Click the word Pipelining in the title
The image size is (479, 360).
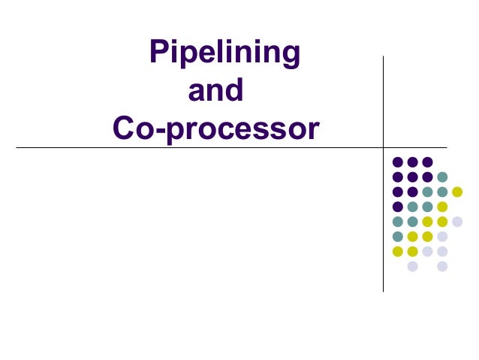pos(225,53)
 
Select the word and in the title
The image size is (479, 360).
pos(215,92)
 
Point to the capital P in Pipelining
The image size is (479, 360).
pos(159,53)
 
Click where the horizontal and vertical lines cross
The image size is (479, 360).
pos(383,147)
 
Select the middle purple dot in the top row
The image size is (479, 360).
pos(412,162)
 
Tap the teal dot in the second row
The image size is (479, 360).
pos(442,177)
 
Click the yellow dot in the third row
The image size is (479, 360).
pos(457,192)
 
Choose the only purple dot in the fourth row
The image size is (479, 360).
pos(397,207)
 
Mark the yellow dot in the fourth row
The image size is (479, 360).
pos(442,207)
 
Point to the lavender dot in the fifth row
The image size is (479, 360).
pos(457,222)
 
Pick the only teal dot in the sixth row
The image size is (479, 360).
pos(397,237)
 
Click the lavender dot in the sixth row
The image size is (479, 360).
pos(442,237)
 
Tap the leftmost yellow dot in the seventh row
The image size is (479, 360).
pos(397,251)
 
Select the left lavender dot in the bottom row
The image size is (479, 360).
pos(412,266)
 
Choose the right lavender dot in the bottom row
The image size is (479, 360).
pos(442,266)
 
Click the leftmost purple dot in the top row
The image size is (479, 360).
pos(397,162)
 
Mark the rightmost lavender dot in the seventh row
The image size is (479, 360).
pos(442,251)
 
